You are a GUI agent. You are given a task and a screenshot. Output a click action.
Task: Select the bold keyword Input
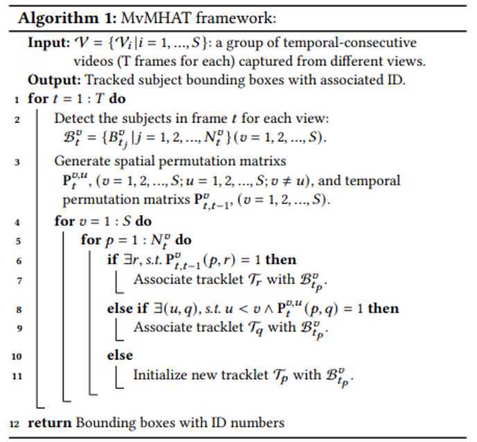pos(46,43)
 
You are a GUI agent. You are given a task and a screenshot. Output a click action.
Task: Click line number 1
pos(15,99)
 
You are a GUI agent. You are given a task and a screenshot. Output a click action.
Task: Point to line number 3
pos(15,162)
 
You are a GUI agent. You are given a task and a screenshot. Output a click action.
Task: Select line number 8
pos(15,308)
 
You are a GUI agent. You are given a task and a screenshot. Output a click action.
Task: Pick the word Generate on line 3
pos(81,161)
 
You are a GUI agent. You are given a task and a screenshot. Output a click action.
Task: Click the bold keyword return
pos(49,423)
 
